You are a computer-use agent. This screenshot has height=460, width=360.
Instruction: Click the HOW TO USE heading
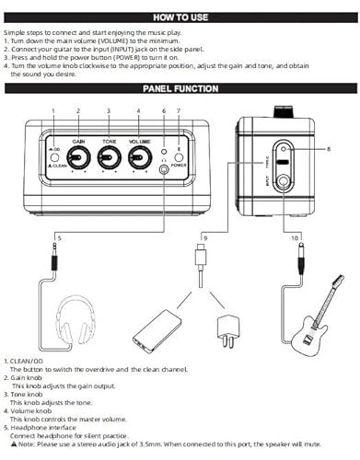pos(180,17)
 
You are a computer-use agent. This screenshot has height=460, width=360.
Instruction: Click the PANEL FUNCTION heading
pos(180,89)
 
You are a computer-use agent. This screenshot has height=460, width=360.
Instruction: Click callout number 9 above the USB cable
pos(205,238)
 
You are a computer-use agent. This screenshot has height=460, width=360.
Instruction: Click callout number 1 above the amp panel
pos(53,110)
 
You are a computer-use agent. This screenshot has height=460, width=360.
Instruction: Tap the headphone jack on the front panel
pos(164,168)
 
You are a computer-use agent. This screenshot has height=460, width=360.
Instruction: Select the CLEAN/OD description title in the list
pos(23,362)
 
